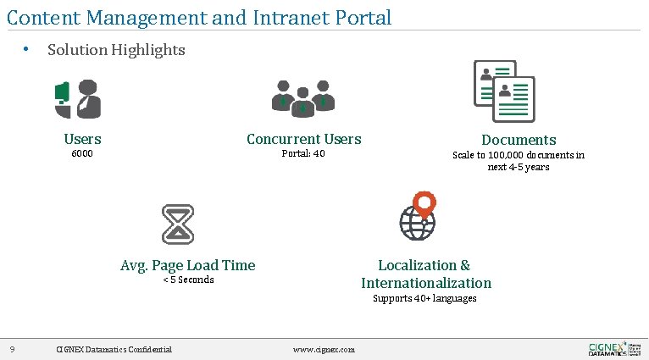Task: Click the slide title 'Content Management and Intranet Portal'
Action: (199, 17)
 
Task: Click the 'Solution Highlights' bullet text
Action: (116, 50)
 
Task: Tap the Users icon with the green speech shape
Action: (78, 99)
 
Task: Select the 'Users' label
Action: (82, 139)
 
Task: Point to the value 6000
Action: (82, 154)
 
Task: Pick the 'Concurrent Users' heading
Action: (303, 139)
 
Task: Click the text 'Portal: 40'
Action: (303, 154)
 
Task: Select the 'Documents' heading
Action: (519, 140)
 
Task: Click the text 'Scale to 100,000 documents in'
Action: (519, 155)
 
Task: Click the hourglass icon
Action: (178, 224)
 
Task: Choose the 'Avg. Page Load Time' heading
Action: (187, 265)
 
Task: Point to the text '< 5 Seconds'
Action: (187, 280)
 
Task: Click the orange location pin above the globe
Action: (424, 203)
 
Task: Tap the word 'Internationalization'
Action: (425, 283)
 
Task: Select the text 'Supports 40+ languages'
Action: (424, 298)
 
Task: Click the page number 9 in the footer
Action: (12, 349)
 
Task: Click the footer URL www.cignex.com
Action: (324, 349)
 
